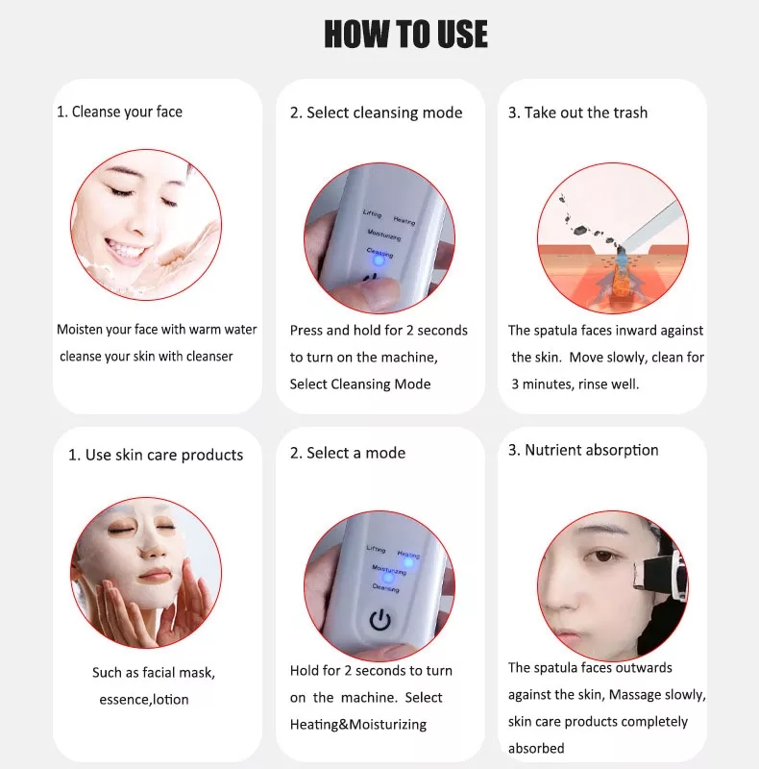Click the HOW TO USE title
(x=405, y=35)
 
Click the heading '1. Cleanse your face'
(x=119, y=112)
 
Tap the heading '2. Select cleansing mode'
(x=376, y=112)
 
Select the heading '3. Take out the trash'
(x=577, y=112)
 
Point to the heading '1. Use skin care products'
(x=156, y=455)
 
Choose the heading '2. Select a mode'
(x=348, y=453)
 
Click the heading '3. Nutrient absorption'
(x=583, y=450)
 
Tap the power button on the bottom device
(x=381, y=619)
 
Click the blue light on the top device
(x=378, y=259)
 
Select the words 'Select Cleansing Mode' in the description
(x=360, y=384)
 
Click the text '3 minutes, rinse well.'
(x=581, y=384)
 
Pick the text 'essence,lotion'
(x=144, y=699)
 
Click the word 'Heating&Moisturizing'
(x=357, y=724)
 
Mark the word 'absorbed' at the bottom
(x=536, y=748)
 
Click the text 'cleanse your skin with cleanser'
(x=146, y=356)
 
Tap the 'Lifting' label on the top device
(x=373, y=211)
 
